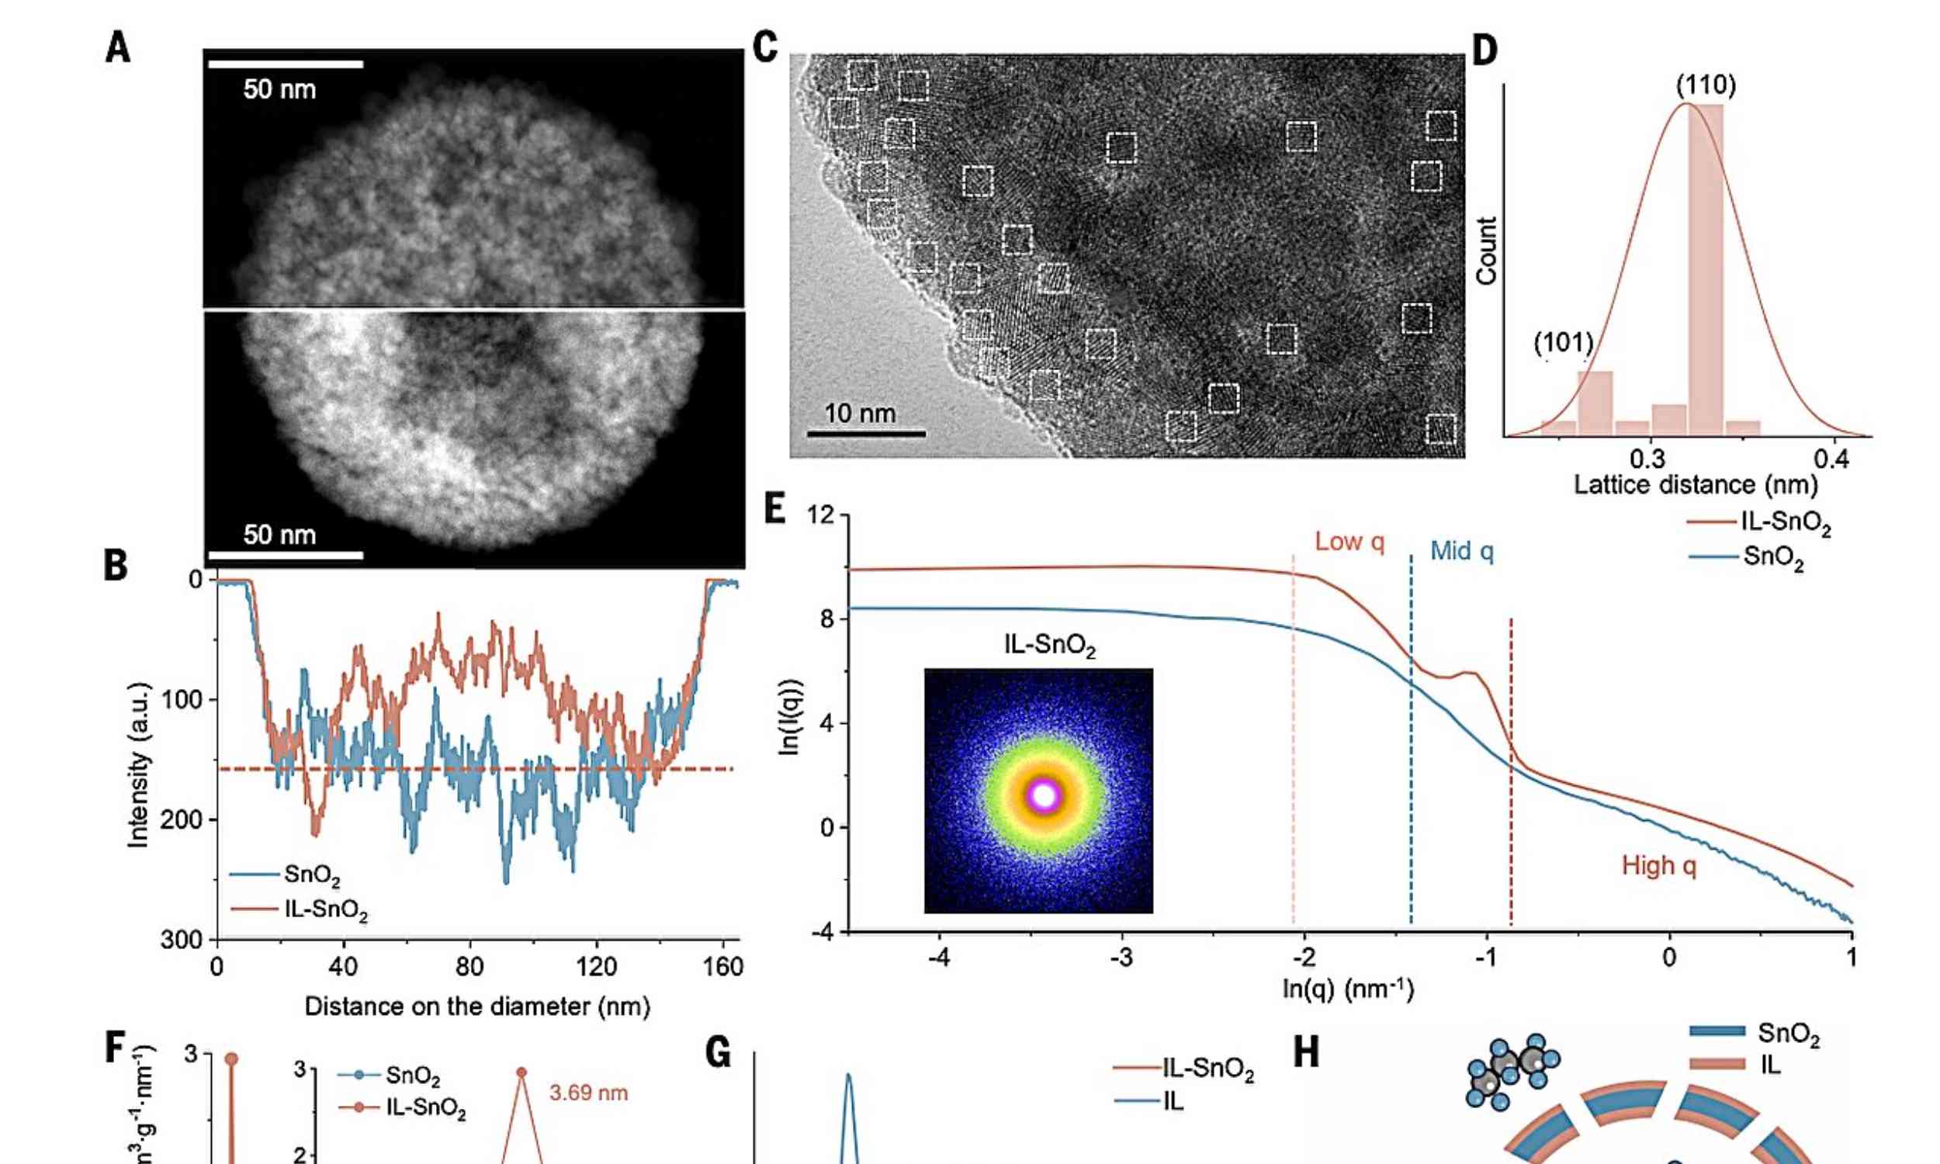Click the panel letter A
[x=118, y=49]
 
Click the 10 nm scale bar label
[x=860, y=414]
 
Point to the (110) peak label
[x=1706, y=85]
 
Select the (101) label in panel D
[x=1564, y=343]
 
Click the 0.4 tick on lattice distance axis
[x=1832, y=459]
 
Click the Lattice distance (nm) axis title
[x=1696, y=485]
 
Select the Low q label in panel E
[x=1349, y=542]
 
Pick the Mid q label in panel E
[x=1462, y=552]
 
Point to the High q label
[x=1658, y=866]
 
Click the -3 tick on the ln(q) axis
[x=1122, y=958]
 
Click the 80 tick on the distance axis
[x=469, y=967]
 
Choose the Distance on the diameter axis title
[x=476, y=1006]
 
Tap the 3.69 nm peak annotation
[x=588, y=1093]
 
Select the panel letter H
[x=1305, y=1052]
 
